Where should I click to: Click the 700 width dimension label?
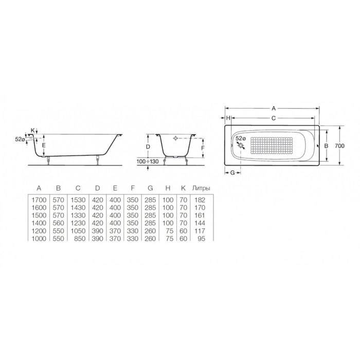click(x=339, y=146)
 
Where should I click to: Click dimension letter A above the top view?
click(x=274, y=109)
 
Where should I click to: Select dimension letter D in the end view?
click(x=148, y=147)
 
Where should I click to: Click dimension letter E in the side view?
click(x=44, y=146)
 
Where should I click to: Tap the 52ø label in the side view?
click(x=21, y=138)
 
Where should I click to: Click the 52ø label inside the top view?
click(x=240, y=138)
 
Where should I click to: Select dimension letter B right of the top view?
click(x=326, y=146)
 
